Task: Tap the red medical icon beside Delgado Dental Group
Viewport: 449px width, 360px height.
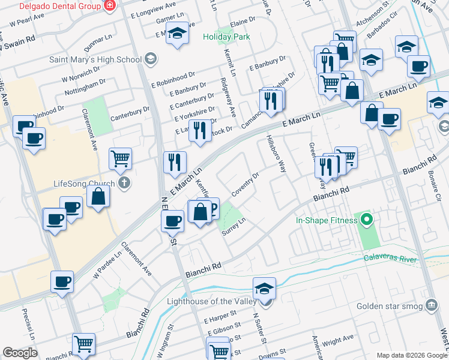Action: pos(110,6)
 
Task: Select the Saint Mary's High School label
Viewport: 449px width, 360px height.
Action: pos(95,59)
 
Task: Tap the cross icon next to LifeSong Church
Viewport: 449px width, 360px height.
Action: pos(124,183)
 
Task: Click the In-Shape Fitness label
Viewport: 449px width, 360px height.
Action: pos(326,220)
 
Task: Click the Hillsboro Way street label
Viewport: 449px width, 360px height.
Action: pos(275,154)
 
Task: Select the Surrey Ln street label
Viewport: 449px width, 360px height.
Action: pos(235,227)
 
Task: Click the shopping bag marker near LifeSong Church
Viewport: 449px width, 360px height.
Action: pos(97,197)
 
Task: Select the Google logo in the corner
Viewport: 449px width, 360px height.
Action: pos(20,353)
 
